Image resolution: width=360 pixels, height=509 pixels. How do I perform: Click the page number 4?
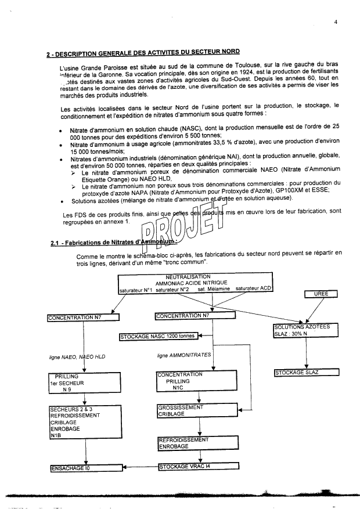click(336, 22)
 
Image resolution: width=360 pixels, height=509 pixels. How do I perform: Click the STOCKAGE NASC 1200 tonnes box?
click(159, 337)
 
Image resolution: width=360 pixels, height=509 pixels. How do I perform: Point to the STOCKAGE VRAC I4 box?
click(198, 466)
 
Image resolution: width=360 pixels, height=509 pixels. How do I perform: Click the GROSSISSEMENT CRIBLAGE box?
click(198, 411)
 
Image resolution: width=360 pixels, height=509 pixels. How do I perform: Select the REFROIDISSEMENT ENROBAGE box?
click(198, 444)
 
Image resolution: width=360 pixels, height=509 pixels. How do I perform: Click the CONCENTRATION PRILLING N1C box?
click(197, 382)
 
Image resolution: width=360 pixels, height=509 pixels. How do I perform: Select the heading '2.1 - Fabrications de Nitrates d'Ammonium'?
click(105, 242)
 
